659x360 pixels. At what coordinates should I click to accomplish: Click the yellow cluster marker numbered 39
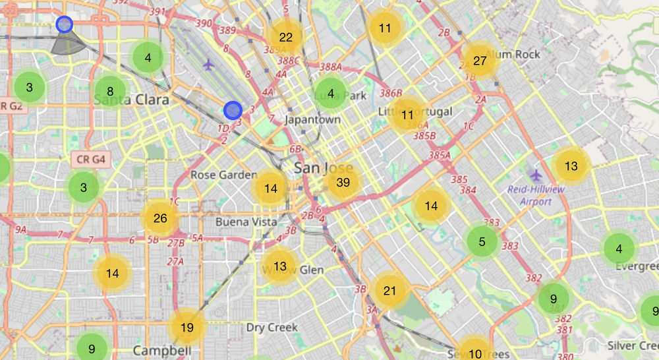click(x=343, y=183)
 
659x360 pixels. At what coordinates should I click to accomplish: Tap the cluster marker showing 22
click(x=285, y=38)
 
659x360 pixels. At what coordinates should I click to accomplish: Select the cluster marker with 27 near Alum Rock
click(x=480, y=61)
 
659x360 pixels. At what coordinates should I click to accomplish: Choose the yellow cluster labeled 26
click(x=160, y=218)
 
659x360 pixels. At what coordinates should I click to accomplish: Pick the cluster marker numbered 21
click(x=390, y=291)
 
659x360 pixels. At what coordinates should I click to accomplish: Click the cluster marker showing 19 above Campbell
click(x=187, y=327)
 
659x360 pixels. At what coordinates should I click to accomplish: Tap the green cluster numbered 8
click(x=110, y=92)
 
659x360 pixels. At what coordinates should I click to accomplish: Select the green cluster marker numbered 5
click(x=482, y=241)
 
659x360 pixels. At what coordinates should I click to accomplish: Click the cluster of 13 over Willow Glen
click(x=281, y=267)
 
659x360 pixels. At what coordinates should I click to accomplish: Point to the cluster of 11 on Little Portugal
click(x=407, y=115)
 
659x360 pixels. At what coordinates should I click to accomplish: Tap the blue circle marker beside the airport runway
click(x=233, y=110)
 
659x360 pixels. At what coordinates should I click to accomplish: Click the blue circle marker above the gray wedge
click(x=64, y=24)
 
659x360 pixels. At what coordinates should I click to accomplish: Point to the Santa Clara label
click(x=132, y=100)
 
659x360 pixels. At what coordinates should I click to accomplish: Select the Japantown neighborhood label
click(x=312, y=120)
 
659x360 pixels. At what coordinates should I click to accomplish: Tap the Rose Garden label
click(x=223, y=175)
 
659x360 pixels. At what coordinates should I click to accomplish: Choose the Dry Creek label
click(x=272, y=327)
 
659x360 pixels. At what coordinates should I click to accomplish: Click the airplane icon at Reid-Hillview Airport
click(x=536, y=175)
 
